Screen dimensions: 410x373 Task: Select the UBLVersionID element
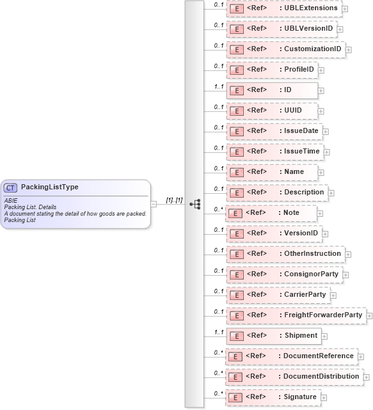coord(281,29)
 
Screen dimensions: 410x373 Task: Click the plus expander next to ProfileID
coord(321,70)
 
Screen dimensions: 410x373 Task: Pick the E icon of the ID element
coord(235,90)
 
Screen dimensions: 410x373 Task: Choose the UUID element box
coord(273,111)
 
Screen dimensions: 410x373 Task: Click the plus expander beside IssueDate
coord(326,131)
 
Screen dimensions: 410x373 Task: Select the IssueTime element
coord(275,152)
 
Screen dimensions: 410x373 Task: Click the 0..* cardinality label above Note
coord(219,209)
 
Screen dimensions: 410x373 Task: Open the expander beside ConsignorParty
coord(345,274)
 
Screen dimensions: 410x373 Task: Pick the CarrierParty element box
coord(279,295)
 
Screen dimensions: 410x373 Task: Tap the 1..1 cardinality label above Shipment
coord(219,331)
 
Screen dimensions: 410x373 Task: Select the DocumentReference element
coord(291,356)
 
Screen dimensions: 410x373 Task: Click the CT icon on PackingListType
coord(11,187)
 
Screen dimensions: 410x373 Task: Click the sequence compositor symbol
coord(195,204)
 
